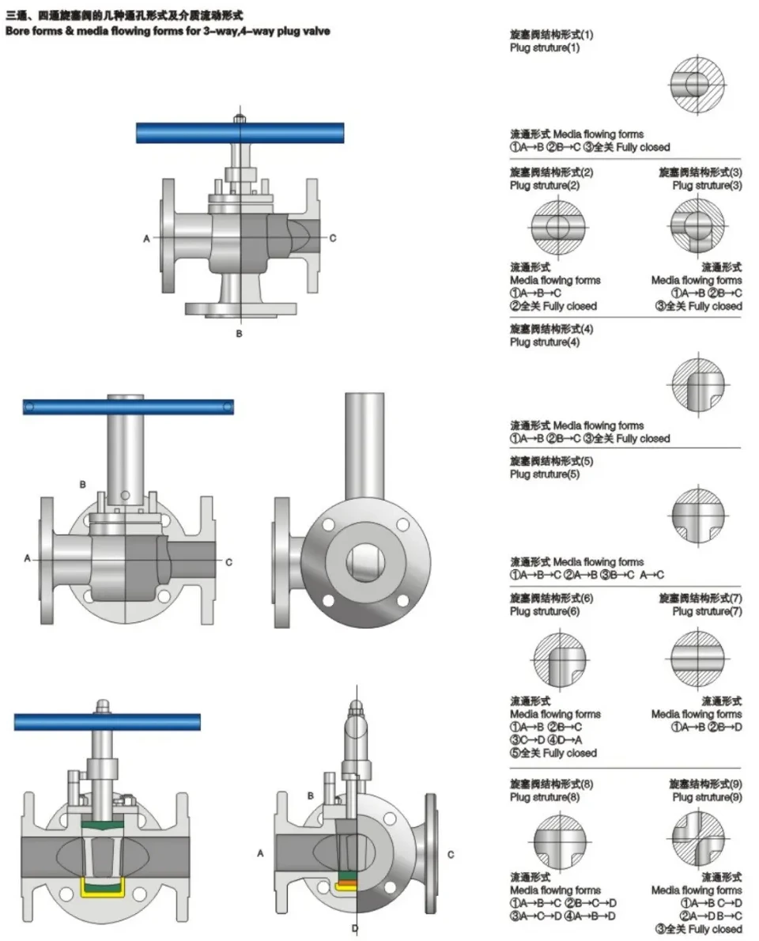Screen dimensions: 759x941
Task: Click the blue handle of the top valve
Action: tap(240, 133)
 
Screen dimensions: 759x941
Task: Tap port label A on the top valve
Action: tap(146, 238)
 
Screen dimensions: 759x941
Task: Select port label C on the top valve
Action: tap(333, 238)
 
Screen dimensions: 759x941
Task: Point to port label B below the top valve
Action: tap(239, 333)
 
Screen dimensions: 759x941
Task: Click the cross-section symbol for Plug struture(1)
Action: tap(697, 85)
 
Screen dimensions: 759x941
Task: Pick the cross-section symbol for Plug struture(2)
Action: tap(557, 227)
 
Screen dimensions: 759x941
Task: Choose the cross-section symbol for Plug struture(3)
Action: tap(697, 226)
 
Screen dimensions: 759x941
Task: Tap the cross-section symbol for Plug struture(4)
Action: tap(698, 384)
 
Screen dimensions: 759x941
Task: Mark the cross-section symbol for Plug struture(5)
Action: tap(698, 516)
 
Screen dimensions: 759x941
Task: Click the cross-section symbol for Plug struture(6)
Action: tap(560, 659)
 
